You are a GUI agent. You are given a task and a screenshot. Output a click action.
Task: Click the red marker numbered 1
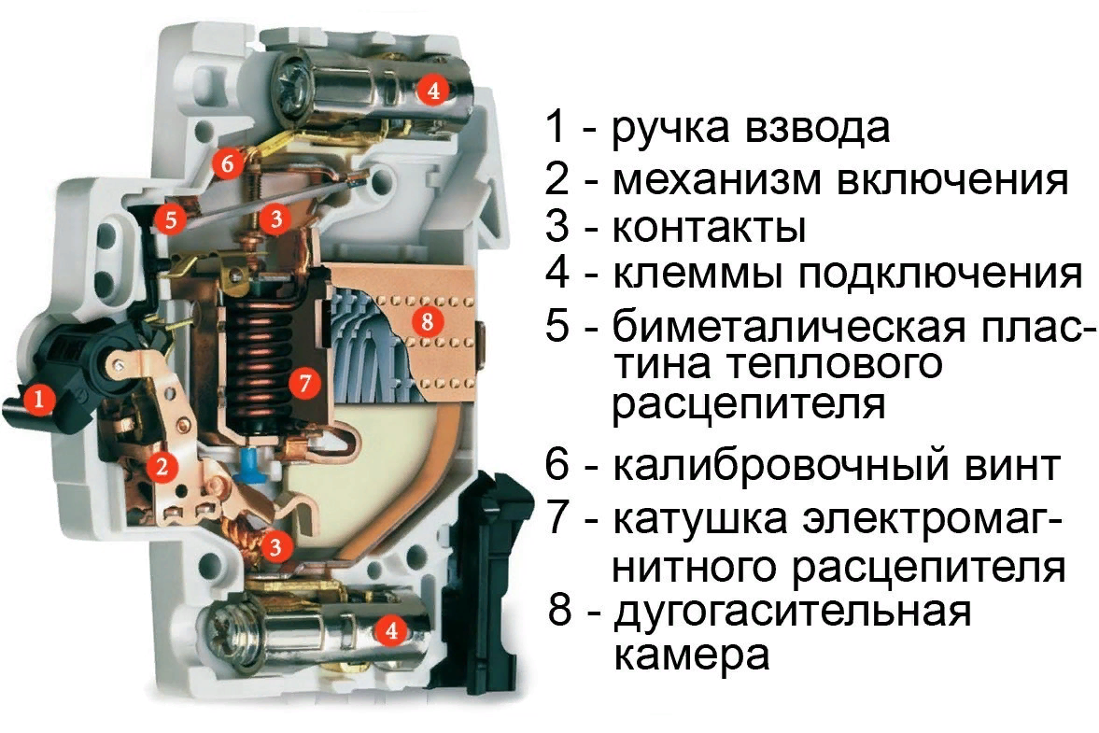tap(38, 401)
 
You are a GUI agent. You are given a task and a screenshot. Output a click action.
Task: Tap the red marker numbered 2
tap(162, 466)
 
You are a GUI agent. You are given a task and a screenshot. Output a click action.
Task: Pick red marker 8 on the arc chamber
tap(427, 322)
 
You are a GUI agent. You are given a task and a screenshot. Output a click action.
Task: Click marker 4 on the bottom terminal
tap(391, 630)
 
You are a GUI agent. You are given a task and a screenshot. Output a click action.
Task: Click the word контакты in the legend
tap(709, 227)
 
